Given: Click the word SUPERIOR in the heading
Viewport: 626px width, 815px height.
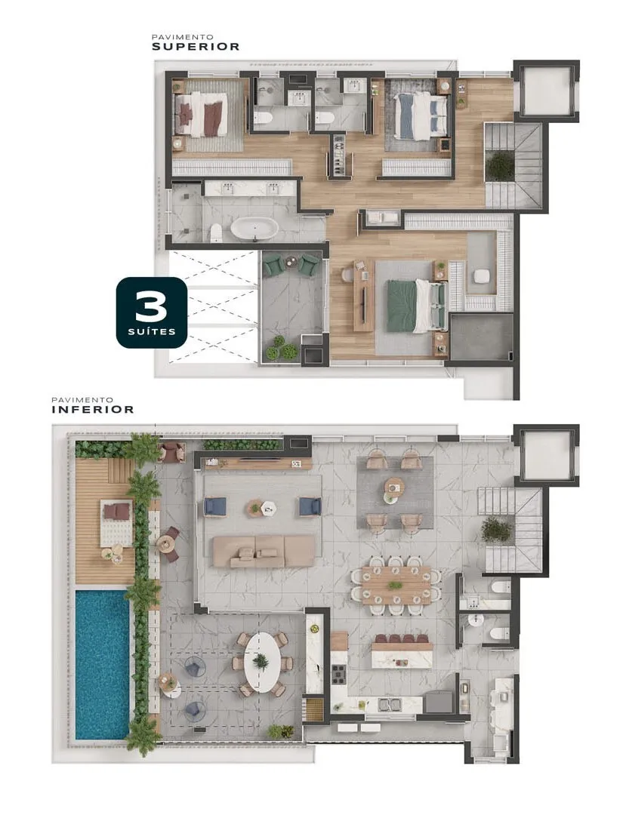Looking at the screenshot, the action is coord(196,46).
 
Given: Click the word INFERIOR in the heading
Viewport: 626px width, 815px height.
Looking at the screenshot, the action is coord(93,409).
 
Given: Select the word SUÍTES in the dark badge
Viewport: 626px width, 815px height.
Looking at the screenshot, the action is coord(151,331).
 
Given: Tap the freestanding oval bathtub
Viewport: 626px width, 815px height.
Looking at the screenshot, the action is coord(254,228).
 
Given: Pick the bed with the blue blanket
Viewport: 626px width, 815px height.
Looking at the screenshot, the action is coord(420,115).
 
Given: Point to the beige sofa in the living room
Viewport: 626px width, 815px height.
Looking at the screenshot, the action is coord(264,551).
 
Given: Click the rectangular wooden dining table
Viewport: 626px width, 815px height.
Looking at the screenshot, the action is coord(396,585).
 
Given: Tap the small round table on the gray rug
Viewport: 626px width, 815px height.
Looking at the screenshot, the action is coord(395,487).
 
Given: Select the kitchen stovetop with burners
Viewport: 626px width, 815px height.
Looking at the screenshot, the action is coord(339,674).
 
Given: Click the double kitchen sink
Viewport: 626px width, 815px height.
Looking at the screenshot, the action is coord(390,705).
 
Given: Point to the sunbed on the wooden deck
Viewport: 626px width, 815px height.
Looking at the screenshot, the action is coord(116,522).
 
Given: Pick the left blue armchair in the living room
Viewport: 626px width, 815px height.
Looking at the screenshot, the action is coord(215,506).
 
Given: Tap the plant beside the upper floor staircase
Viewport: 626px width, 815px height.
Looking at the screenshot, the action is coord(500,166).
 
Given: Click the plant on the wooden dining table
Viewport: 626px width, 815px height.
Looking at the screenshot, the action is coord(396,586).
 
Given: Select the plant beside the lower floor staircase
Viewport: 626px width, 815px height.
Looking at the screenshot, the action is coord(497,529).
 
